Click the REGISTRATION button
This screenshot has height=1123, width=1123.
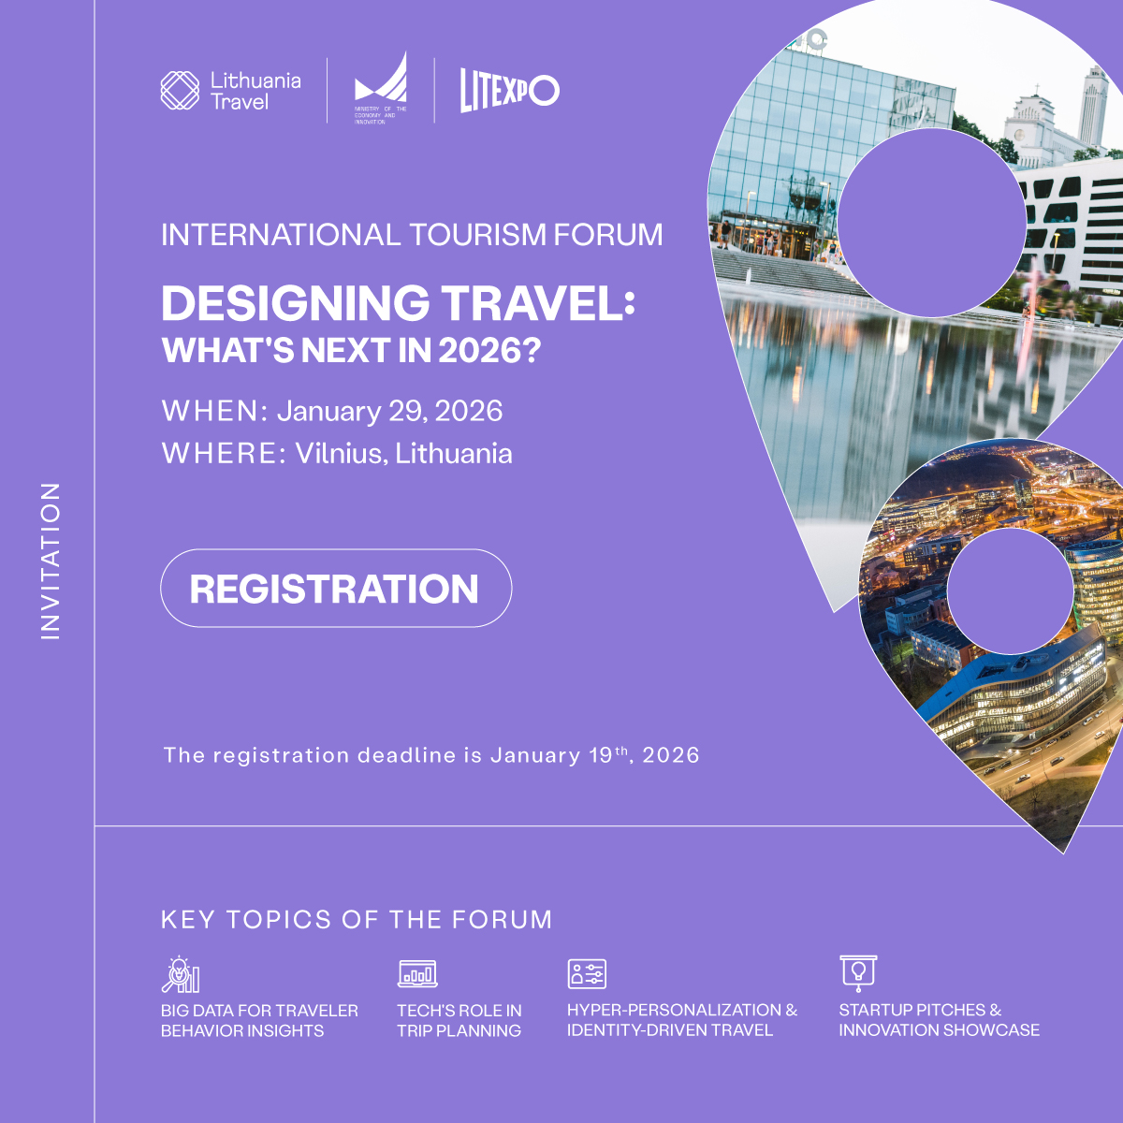336,588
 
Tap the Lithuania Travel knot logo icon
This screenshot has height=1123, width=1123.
180,91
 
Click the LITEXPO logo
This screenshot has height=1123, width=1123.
510,91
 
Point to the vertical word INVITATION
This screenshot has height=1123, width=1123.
51,561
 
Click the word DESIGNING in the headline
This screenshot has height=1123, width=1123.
296,303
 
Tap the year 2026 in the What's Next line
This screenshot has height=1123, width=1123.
478,350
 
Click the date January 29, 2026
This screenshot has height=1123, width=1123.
389,412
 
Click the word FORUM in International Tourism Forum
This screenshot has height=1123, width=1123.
608,235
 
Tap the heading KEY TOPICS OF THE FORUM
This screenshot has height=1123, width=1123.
357,920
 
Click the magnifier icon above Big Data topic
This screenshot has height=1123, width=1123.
181,974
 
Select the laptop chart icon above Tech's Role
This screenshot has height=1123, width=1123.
417,974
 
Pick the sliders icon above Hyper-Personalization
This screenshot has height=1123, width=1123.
587,974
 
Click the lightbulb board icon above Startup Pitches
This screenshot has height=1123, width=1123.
858,973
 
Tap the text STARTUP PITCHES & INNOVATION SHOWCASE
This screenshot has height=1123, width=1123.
939,1020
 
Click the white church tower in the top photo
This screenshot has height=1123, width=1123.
1093,108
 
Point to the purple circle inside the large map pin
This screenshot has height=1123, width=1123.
932,223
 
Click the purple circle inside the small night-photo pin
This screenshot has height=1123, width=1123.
1010,591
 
